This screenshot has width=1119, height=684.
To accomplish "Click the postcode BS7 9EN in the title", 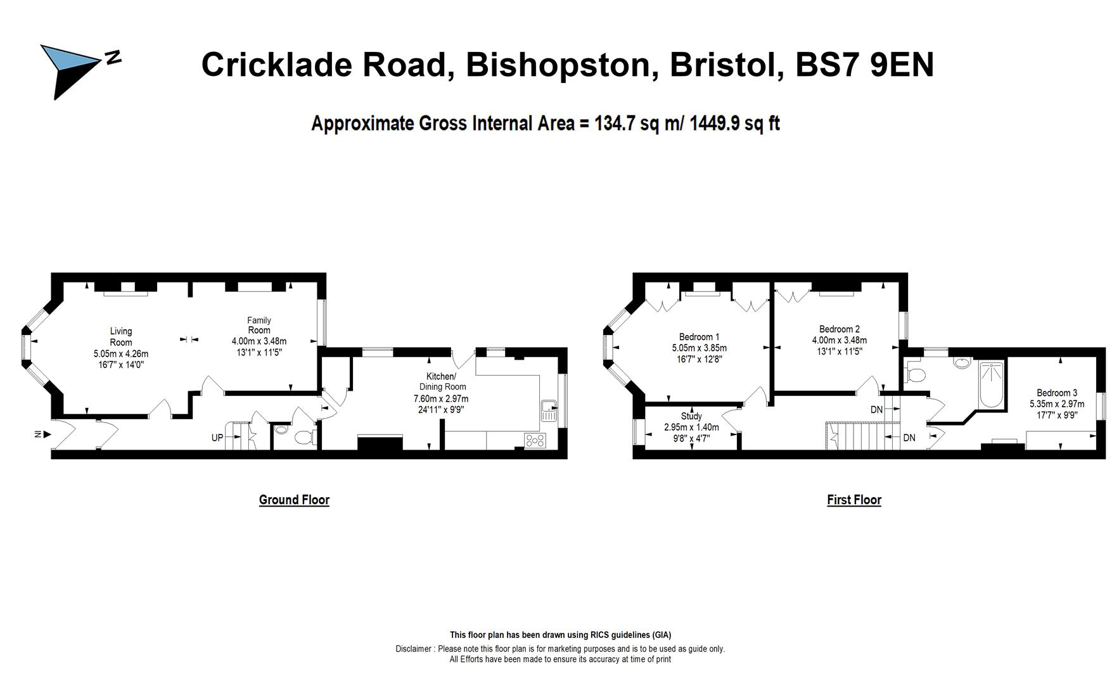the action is [864, 65].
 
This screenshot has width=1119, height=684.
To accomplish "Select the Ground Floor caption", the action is [294, 500].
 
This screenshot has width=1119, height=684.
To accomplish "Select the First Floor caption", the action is [854, 500].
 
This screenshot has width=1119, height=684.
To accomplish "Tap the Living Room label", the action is [121, 336].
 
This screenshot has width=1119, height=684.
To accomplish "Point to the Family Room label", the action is [259, 325].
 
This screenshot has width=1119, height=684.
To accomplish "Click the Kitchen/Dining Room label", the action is [442, 381].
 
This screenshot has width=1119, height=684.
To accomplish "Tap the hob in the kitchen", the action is [535, 440].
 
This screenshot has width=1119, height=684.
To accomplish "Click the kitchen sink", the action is [549, 410].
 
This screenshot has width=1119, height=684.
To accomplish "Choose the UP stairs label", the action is [217, 438].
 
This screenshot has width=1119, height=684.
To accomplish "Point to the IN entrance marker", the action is [38, 434].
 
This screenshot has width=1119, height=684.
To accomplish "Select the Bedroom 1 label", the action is [699, 337].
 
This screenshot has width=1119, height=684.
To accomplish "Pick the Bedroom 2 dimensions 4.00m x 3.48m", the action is [840, 340].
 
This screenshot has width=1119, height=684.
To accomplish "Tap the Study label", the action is [691, 416].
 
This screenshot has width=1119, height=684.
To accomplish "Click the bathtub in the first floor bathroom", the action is [991, 385].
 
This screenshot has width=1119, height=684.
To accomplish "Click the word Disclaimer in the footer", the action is [414, 649].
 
